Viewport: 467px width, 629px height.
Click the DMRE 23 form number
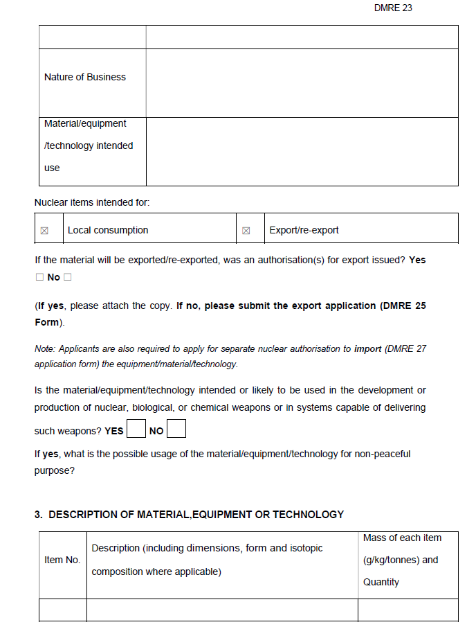(392, 8)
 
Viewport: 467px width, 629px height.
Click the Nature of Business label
(84, 77)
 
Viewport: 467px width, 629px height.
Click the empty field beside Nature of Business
(302, 82)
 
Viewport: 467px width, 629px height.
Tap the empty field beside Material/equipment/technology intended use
(302, 151)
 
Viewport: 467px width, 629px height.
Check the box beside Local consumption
(45, 231)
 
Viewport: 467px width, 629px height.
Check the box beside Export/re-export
(246, 231)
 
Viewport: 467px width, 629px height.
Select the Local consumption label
(107, 230)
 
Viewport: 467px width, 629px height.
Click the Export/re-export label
(304, 230)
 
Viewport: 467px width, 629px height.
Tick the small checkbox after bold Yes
(39, 277)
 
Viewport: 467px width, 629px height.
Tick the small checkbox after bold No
(68, 277)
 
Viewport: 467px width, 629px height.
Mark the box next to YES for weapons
(136, 429)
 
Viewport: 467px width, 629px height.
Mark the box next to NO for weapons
(176, 429)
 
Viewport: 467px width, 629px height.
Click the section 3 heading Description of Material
(189, 515)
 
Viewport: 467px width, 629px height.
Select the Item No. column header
(62, 560)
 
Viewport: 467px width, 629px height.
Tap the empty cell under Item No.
(62, 610)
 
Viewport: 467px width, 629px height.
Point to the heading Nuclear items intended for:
(92, 202)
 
